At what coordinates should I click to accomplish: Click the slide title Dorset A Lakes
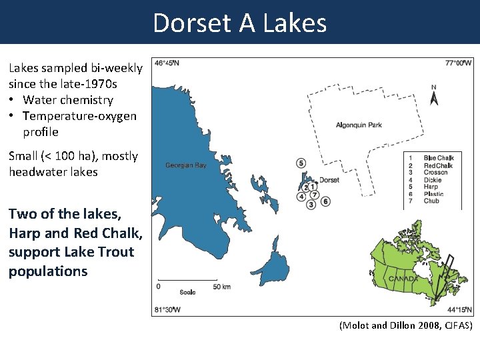tap(240, 23)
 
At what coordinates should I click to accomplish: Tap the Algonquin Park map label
tap(359, 125)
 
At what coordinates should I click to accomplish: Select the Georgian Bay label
tap(186, 165)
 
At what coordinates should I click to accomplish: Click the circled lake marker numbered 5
tap(301, 163)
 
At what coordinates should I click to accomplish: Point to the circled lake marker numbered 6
tap(325, 201)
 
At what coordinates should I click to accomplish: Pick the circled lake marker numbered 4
tap(302, 196)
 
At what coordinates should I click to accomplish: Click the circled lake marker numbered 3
tap(311, 205)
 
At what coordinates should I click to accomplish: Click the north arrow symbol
tap(434, 97)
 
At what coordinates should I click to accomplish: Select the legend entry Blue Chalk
tap(437, 158)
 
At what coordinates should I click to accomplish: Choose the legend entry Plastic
tap(433, 194)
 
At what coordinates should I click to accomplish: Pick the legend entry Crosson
tap(435, 173)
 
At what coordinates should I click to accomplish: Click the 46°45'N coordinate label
tap(167, 63)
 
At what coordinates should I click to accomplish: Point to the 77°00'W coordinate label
tap(459, 63)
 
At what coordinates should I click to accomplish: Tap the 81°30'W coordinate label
tap(167, 310)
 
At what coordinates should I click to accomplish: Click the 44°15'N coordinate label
tap(459, 310)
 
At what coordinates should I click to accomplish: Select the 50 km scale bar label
tap(221, 287)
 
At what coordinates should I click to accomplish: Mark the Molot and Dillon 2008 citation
tap(405, 325)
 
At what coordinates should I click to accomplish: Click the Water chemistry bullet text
tap(67, 100)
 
